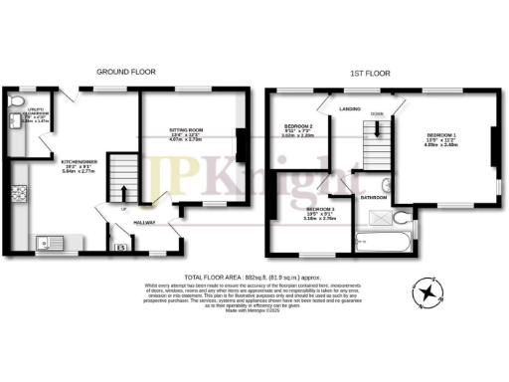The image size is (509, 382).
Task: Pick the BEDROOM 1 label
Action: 442,134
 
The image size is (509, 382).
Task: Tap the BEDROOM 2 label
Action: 298,126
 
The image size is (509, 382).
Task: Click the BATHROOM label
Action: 373,198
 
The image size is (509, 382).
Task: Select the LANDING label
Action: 349,108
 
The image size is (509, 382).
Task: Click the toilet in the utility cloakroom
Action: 15,102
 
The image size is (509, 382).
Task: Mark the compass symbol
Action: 427,291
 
